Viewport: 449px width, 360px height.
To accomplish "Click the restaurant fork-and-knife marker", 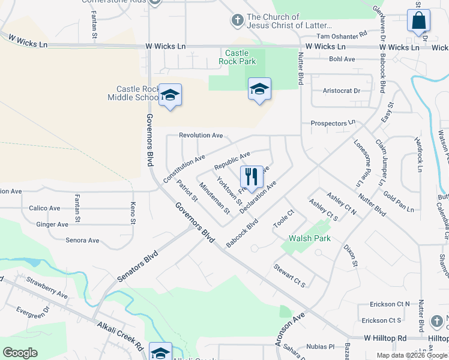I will (252, 177).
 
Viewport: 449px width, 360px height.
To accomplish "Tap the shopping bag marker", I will (418, 20).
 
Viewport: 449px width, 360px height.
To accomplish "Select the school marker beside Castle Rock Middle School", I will (170, 95).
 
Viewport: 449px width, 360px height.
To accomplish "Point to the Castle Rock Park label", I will (240, 57).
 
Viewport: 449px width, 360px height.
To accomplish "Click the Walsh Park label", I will (310, 238).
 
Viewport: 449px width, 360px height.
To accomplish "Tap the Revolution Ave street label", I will (201, 135).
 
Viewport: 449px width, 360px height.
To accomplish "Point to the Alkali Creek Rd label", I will (119, 337).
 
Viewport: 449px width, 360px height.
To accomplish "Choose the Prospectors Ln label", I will (333, 123).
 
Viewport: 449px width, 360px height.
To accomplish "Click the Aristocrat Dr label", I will (341, 91).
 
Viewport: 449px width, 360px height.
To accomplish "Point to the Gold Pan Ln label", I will (399, 202).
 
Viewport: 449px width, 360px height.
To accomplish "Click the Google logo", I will (20, 353).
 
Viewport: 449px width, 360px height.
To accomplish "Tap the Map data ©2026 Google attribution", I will (412, 355).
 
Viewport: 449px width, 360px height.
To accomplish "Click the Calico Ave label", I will (44, 208).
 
